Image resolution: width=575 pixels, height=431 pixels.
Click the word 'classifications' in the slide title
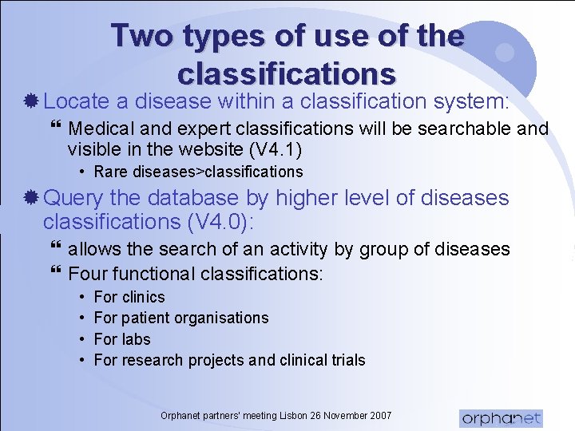(x=287, y=73)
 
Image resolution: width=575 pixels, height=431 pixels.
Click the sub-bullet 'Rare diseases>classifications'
(x=198, y=172)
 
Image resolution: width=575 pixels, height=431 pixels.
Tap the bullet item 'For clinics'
(x=129, y=297)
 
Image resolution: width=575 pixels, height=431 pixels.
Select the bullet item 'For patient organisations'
(x=181, y=318)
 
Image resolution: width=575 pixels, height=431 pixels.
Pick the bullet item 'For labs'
(x=122, y=338)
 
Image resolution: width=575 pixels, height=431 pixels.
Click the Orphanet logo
(x=501, y=417)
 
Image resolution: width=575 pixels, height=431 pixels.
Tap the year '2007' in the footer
(x=379, y=415)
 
